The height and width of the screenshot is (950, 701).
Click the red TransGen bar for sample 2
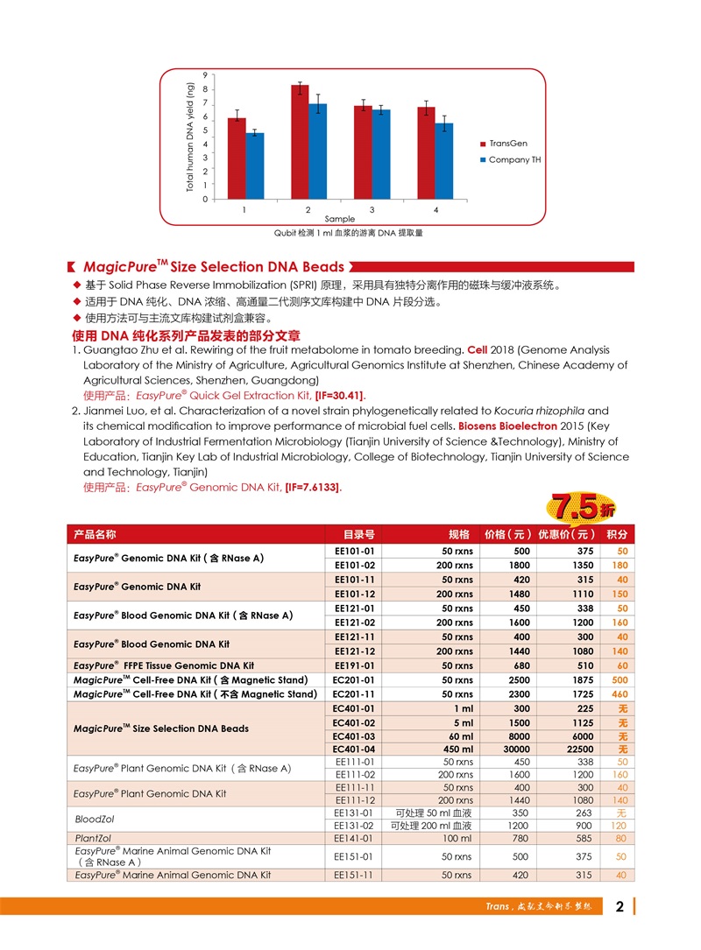(300, 142)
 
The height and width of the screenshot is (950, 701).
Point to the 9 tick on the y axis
(204, 75)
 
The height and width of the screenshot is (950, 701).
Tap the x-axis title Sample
(340, 219)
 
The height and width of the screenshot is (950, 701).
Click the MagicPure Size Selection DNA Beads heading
(213, 267)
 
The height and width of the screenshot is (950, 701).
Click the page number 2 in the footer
(620, 906)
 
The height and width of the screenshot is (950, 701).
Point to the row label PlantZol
(92, 838)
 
